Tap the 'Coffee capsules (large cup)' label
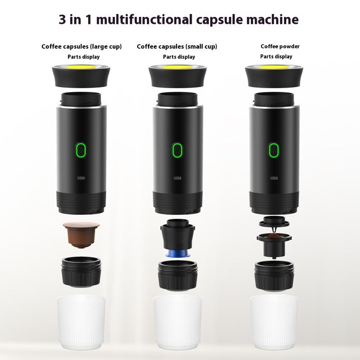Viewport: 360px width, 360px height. (82, 46)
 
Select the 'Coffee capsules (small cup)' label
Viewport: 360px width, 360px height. (177, 46)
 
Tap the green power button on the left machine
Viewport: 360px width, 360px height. (81, 150)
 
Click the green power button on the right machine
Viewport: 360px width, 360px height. (273, 150)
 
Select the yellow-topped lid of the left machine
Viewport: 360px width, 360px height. (81, 74)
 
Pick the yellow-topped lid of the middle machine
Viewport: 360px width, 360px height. (177, 74)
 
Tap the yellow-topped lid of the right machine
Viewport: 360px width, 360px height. (273, 74)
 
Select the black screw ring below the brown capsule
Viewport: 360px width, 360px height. (81, 271)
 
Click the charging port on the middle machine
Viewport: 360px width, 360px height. (177, 179)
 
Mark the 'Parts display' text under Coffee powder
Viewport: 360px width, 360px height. (276, 56)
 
